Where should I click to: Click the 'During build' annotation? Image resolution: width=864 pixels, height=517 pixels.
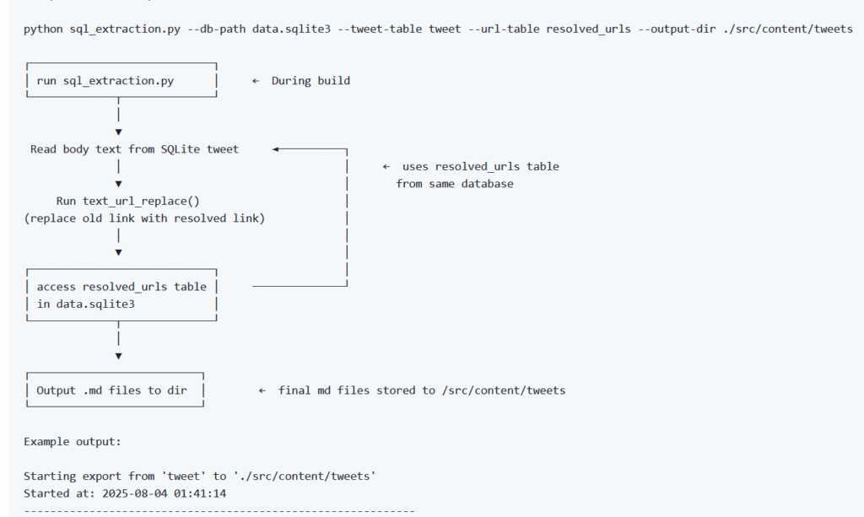point(310,81)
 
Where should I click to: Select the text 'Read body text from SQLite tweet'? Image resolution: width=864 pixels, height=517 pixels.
point(134,149)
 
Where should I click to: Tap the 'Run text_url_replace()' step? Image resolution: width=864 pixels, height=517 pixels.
point(128,201)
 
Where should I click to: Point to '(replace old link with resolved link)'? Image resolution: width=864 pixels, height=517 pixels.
point(144,218)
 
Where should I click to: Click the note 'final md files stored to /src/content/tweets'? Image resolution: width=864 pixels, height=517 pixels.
point(422,390)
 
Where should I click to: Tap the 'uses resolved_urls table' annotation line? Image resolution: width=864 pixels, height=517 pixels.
point(480,167)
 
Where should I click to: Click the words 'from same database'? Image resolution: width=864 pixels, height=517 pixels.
point(455,184)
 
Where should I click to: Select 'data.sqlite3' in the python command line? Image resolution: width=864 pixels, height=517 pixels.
point(291,30)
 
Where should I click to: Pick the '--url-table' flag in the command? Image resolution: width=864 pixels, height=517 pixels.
point(504,30)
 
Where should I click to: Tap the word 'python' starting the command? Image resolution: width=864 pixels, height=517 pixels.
point(43,30)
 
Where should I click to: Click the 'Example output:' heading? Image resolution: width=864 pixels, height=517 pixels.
point(73,442)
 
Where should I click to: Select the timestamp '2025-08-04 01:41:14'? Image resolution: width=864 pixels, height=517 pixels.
point(165,493)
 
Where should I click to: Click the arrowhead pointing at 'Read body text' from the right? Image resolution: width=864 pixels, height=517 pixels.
point(276,149)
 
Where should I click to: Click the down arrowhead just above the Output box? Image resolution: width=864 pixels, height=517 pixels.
point(118,356)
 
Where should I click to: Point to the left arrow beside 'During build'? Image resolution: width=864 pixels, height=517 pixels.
point(256,81)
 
